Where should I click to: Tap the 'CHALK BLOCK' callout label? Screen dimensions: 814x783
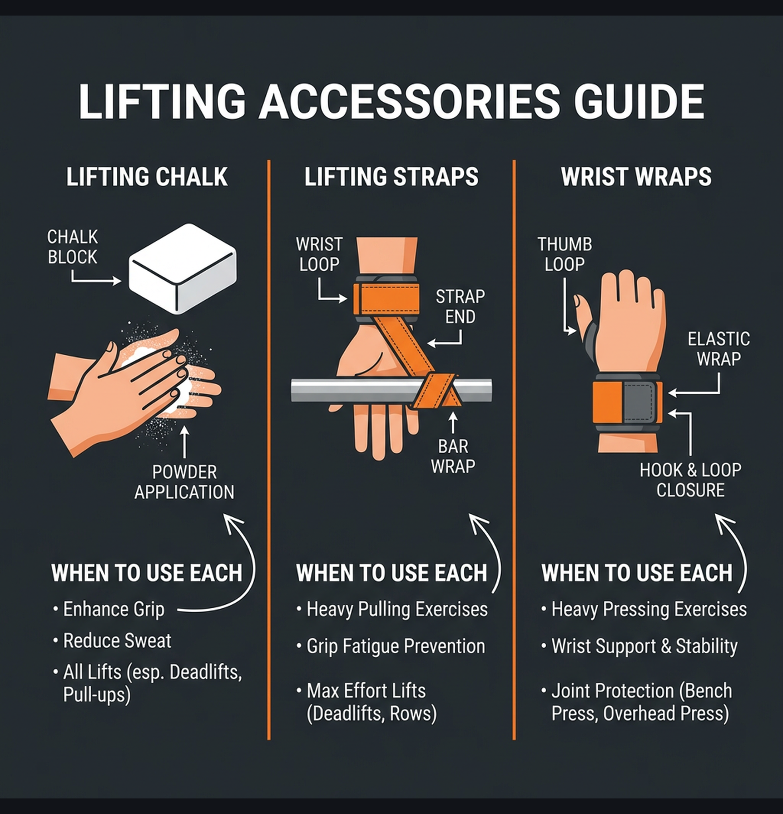[x=72, y=247]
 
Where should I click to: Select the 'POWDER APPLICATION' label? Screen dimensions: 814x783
[x=184, y=482]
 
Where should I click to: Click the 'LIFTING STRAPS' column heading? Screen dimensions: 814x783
[x=391, y=177]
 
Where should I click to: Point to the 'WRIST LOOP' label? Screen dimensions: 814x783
[x=319, y=254]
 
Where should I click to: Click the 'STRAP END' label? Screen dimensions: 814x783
[x=460, y=306]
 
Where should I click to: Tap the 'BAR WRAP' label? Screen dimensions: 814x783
[x=453, y=456]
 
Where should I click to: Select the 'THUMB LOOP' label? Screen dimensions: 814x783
[x=564, y=254]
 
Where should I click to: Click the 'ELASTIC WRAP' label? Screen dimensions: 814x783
[x=718, y=349]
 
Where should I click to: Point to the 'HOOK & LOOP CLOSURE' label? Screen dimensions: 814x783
[x=690, y=480]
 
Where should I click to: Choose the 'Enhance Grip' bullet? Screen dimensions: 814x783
[x=113, y=609]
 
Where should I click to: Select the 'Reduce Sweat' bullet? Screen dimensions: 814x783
[x=117, y=641]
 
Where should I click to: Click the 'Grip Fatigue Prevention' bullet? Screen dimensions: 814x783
[x=395, y=646]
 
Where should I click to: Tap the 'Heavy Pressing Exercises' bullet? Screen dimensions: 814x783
[x=648, y=609]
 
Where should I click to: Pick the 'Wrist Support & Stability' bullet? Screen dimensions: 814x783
[x=644, y=646]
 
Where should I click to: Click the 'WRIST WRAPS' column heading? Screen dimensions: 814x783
[x=636, y=177]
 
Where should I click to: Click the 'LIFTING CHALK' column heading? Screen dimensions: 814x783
[x=147, y=177]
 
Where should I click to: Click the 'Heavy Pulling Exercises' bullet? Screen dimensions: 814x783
[x=397, y=609]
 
